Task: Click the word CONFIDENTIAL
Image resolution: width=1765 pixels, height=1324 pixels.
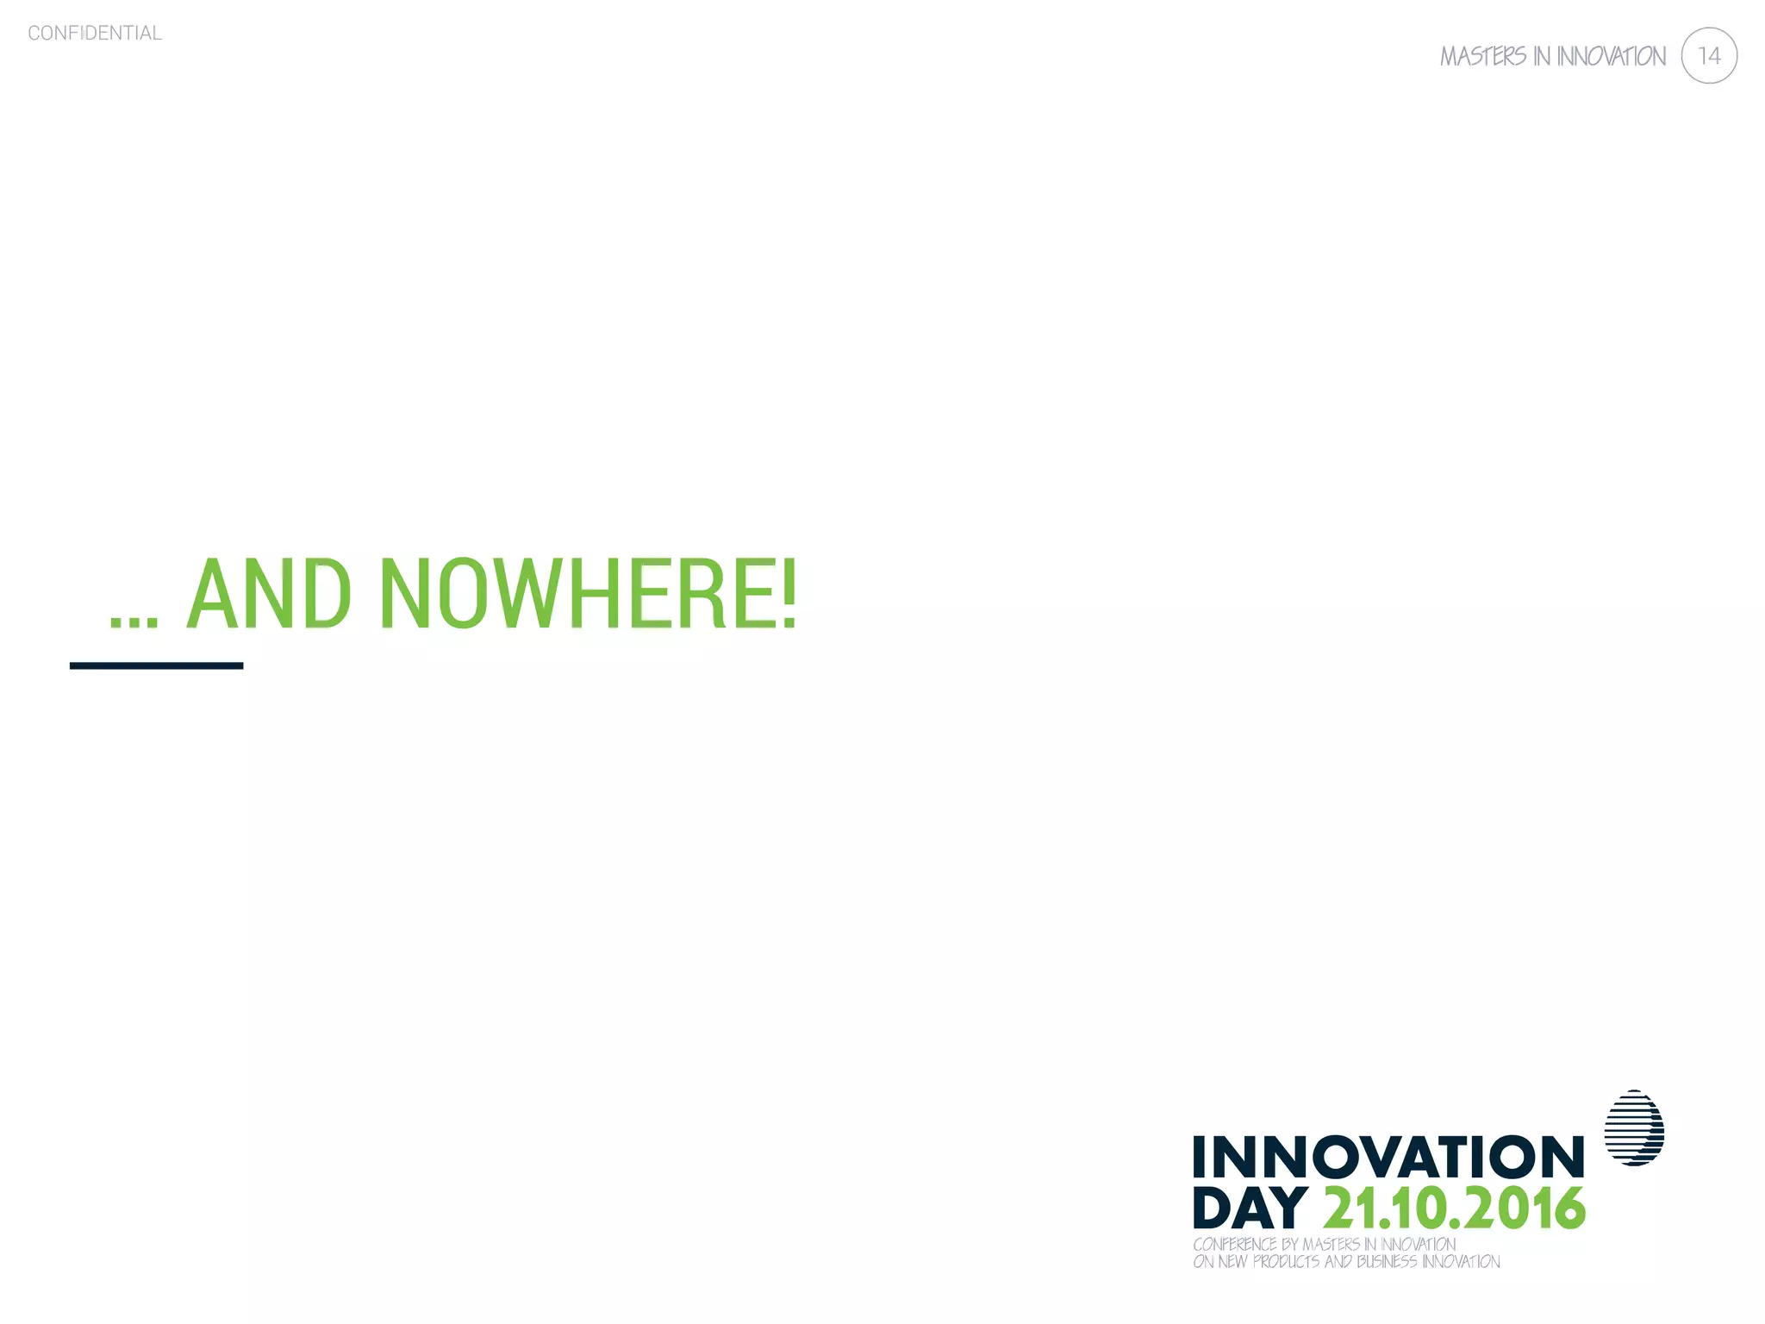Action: pyautogui.click(x=95, y=33)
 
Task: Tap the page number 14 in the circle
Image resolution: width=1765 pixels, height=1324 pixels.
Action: pyautogui.click(x=1708, y=56)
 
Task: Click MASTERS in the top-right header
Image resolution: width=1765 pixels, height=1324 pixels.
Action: pyautogui.click(x=1483, y=57)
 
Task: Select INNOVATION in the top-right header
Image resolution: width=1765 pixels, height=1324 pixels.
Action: pyautogui.click(x=1611, y=57)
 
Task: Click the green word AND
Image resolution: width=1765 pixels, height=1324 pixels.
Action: pyautogui.click(x=269, y=594)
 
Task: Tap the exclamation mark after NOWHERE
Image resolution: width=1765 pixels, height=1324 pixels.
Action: pyautogui.click(x=789, y=594)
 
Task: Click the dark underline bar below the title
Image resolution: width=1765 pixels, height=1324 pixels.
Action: pyautogui.click(x=156, y=665)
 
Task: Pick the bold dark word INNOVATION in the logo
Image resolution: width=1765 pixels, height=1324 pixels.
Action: pyautogui.click(x=1388, y=1157)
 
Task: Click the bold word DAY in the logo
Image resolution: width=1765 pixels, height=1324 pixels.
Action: pyautogui.click(x=1250, y=1208)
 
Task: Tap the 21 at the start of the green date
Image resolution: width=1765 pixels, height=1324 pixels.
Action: pyautogui.click(x=1351, y=1208)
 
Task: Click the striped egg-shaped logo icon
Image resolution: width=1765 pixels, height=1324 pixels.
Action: pyautogui.click(x=1634, y=1128)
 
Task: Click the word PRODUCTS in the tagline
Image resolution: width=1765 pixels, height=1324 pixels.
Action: pyautogui.click(x=1285, y=1262)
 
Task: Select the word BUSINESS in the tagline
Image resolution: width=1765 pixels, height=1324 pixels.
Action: pyautogui.click(x=1387, y=1262)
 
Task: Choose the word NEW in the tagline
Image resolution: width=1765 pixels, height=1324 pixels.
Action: pyautogui.click(x=1232, y=1262)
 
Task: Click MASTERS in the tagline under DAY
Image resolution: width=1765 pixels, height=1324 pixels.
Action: pyautogui.click(x=1331, y=1245)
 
